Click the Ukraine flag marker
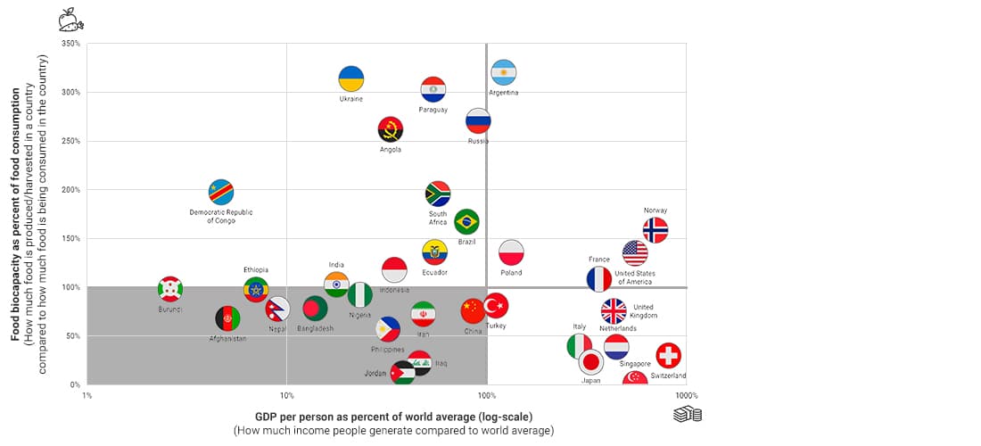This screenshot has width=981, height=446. pos(351,78)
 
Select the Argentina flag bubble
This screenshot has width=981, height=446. pos(504,73)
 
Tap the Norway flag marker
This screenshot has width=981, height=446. pos(655,230)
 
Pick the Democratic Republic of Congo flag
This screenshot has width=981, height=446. pos(221,192)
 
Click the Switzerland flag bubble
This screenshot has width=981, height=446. pos(669,356)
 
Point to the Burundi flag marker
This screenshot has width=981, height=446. pos(170,289)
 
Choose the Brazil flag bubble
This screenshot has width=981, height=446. pos(466,222)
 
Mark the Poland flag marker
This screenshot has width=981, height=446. pos(511,252)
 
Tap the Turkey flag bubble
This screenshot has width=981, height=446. pos(496,306)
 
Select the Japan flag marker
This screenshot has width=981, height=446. pos(590,362)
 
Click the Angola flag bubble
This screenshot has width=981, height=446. pos(391,129)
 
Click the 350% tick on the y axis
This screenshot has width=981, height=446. pos(71,44)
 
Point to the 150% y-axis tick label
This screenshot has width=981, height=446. pos(71,239)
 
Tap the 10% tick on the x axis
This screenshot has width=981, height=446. pos(286,395)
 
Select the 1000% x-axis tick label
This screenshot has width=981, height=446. pos(686,395)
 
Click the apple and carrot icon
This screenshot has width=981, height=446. pos(71,20)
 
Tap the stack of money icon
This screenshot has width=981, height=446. pos(688,414)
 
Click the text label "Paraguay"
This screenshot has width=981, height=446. pos(433,110)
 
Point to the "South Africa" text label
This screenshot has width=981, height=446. pos(438,218)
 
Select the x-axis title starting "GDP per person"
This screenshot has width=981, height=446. pos(393,417)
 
